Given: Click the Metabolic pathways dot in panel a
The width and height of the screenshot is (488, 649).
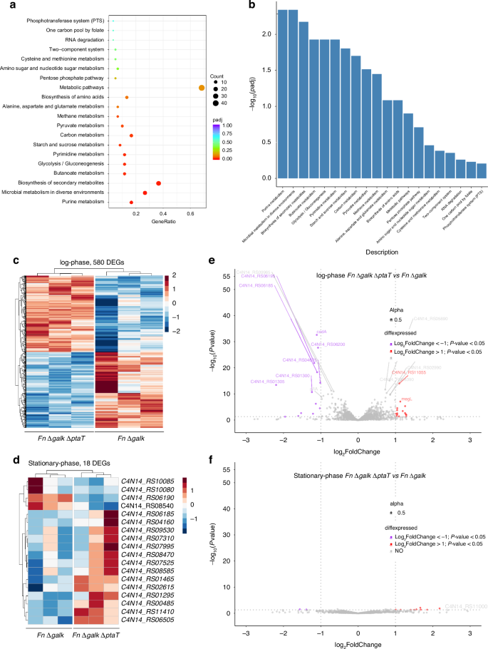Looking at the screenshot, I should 202,88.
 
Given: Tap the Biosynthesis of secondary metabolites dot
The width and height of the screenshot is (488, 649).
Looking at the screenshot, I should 158,183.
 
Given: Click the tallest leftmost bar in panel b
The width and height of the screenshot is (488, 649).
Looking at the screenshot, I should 283,93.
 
